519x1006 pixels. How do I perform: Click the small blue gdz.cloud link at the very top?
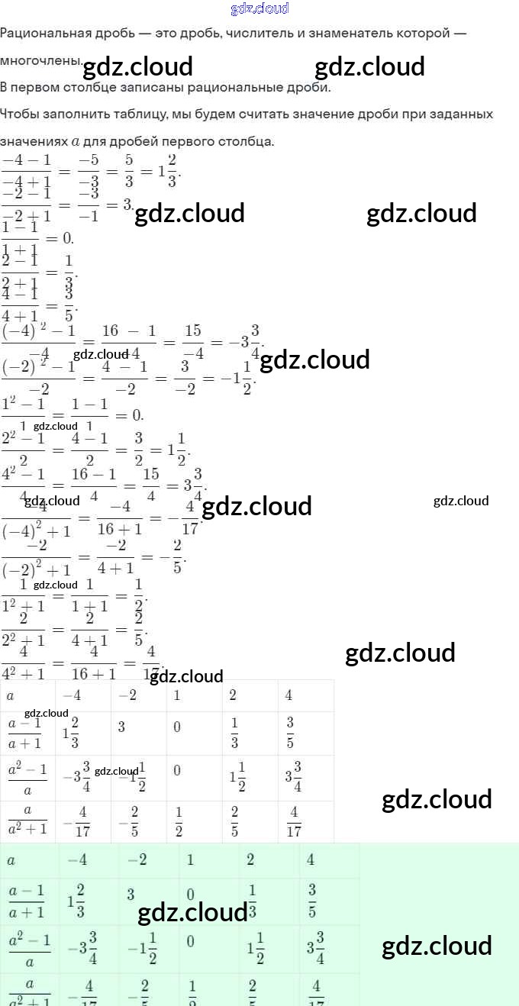pyautogui.click(x=259, y=8)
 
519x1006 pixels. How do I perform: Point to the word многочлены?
pyautogui.click(x=40, y=60)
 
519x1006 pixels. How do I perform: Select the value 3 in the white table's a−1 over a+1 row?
pyautogui.click(x=121, y=727)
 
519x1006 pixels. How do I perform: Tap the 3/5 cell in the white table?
pyautogui.click(x=291, y=733)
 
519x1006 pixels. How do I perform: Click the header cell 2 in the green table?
pyautogui.click(x=250, y=860)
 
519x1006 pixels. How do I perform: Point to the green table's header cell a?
pyautogui.click(x=11, y=860)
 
